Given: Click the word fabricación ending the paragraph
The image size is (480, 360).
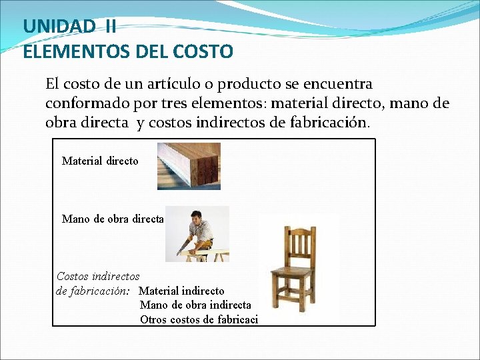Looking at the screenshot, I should (329, 123).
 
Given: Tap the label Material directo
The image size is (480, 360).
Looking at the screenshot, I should (100, 161).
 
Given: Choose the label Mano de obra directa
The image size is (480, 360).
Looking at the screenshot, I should (112, 219).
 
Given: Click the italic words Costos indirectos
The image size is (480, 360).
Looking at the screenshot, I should (98, 276).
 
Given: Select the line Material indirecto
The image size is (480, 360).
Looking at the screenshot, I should (181, 291).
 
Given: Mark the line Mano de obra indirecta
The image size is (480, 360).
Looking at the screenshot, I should (195, 305).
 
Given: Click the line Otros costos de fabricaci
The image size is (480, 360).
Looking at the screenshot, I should (199, 319).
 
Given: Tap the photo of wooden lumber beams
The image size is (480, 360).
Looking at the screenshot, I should (189, 166).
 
